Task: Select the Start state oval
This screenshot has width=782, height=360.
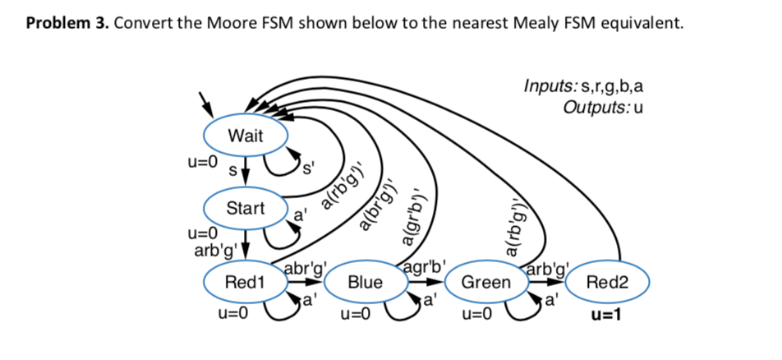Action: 245,208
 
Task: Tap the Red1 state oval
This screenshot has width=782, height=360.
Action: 245,283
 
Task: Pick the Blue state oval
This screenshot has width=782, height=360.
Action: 365,283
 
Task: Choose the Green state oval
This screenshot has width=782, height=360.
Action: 485,283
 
